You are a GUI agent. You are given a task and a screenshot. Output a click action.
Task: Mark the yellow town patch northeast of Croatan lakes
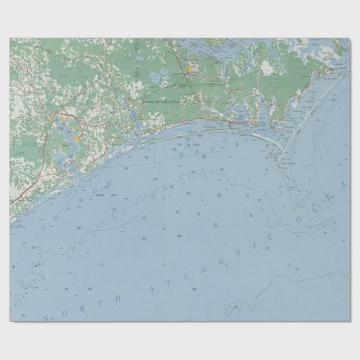(x=192, y=67)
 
